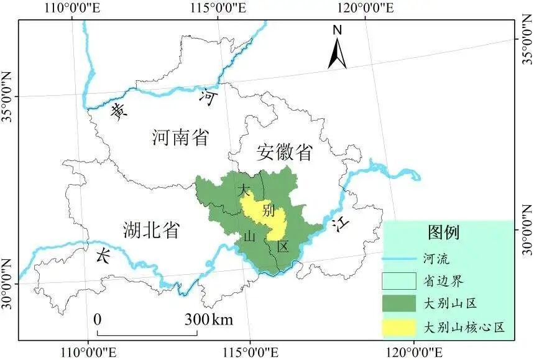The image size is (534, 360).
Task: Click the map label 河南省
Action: (180, 137)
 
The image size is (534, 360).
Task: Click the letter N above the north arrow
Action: (338, 30)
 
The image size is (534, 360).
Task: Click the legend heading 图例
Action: (443, 233)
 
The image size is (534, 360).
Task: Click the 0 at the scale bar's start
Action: (98, 320)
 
